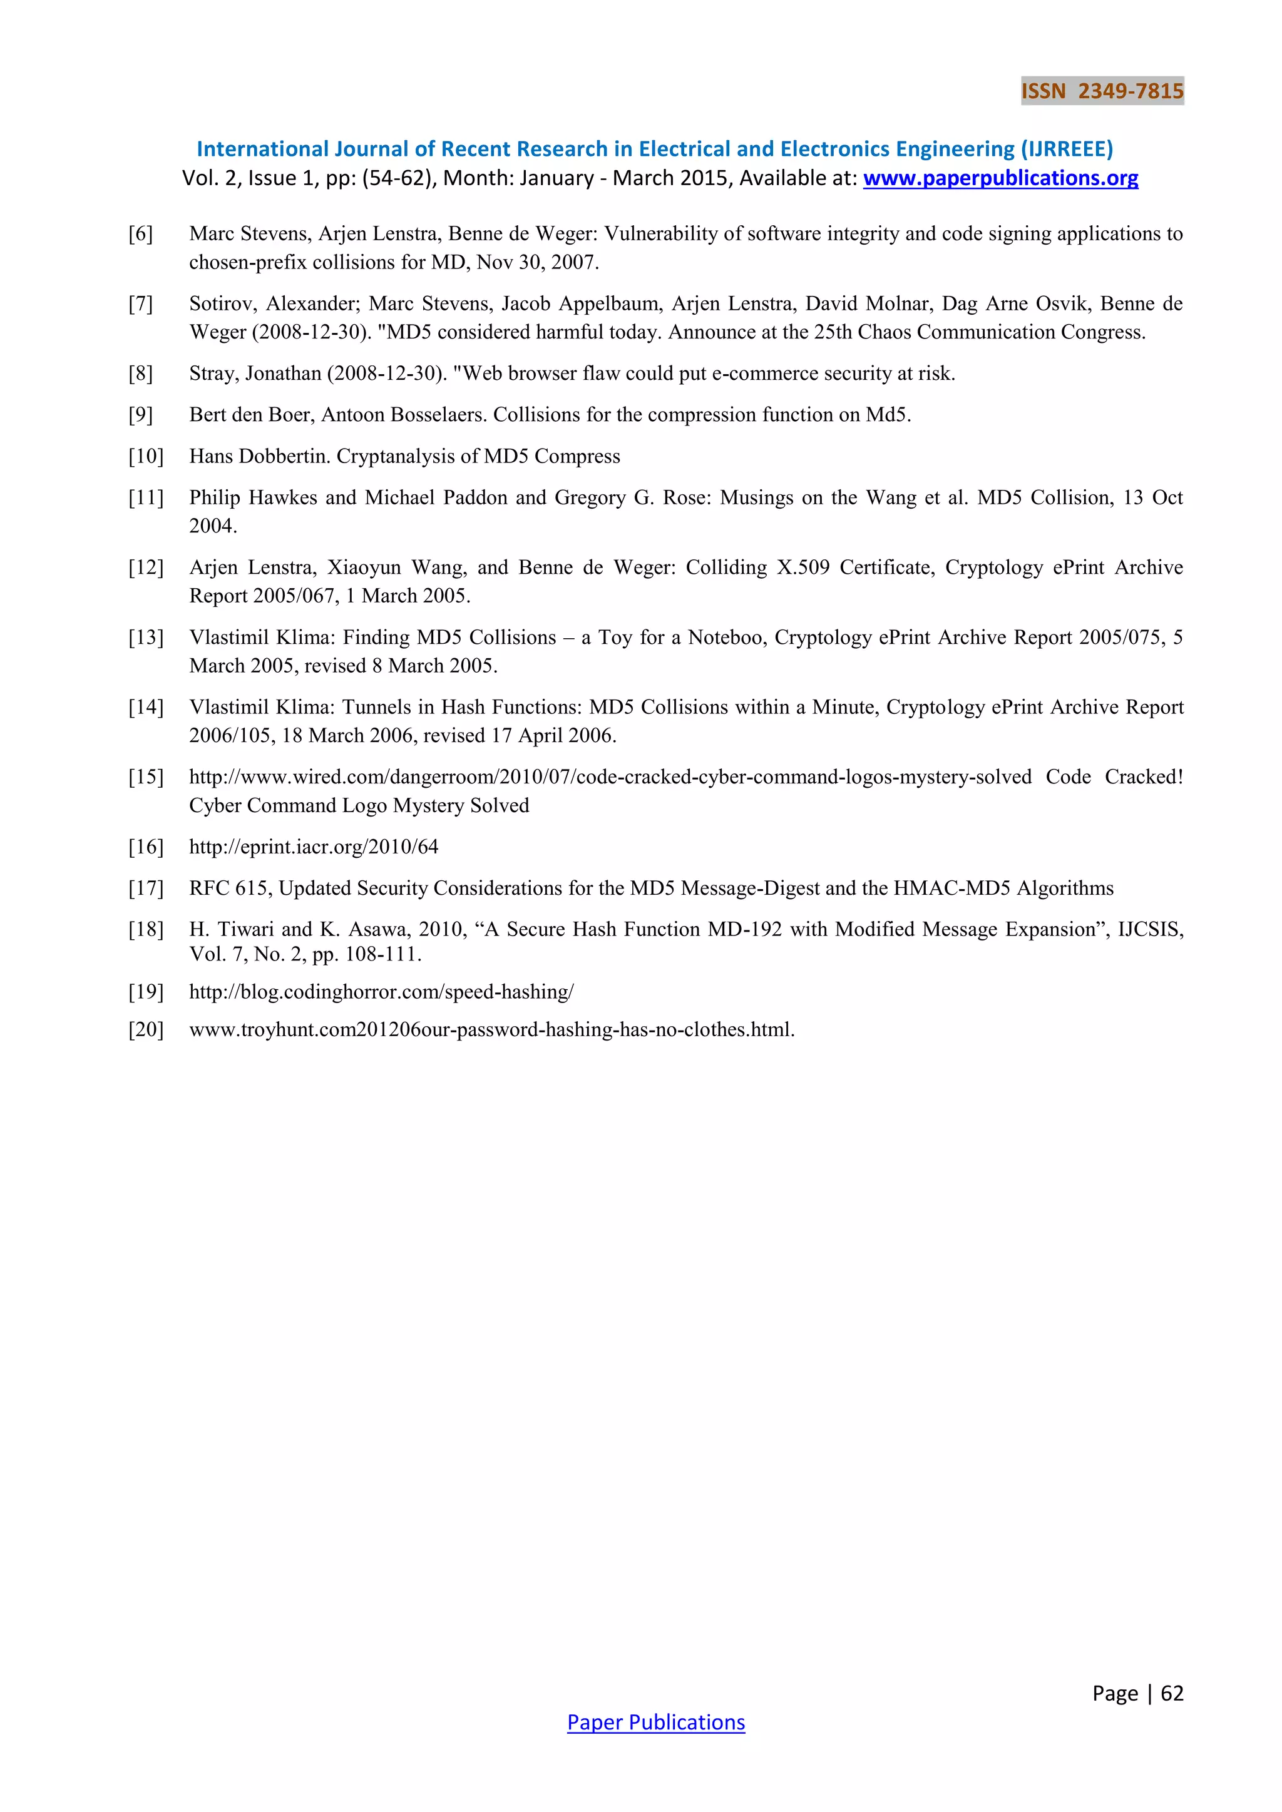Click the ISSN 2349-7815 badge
coord(1102,91)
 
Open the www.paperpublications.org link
coord(1000,178)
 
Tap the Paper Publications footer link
coord(655,1722)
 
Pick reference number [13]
coord(146,637)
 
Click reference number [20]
coord(146,1029)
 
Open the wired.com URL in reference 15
coord(610,777)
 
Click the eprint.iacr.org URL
coord(314,847)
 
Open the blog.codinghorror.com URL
coord(381,992)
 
